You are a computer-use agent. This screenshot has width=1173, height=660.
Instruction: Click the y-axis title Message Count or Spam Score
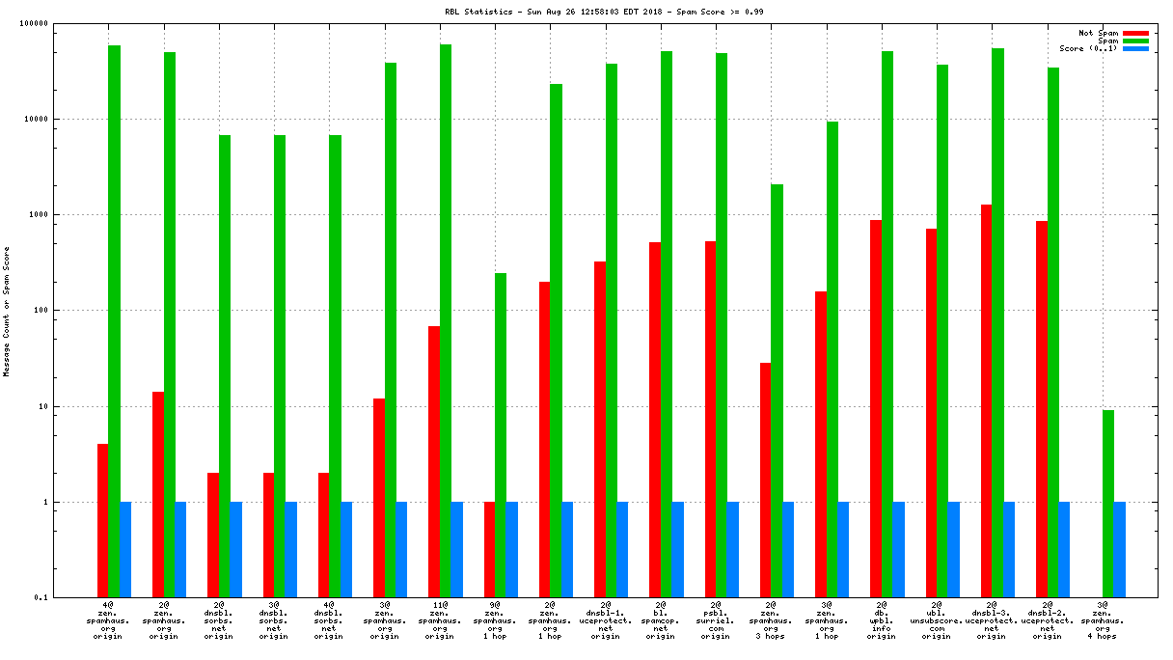(x=7, y=311)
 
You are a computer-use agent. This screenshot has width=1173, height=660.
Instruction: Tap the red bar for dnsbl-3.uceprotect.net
(x=987, y=400)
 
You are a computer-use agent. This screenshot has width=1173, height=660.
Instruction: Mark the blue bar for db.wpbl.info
(x=899, y=550)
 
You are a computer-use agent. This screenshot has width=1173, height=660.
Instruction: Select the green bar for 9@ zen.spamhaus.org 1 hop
(x=501, y=435)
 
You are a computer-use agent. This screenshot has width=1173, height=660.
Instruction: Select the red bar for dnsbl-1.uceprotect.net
(x=600, y=429)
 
